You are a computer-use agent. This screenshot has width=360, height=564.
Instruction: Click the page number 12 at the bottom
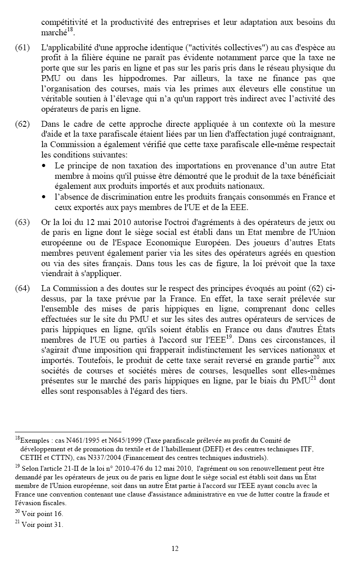(175, 549)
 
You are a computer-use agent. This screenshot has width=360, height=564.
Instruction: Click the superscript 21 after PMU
(319, 378)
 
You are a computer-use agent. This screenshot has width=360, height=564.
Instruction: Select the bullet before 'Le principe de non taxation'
(44, 167)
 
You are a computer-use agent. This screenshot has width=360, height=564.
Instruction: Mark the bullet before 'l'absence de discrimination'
(44, 197)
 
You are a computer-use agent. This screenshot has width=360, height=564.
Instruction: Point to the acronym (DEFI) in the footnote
(187, 449)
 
